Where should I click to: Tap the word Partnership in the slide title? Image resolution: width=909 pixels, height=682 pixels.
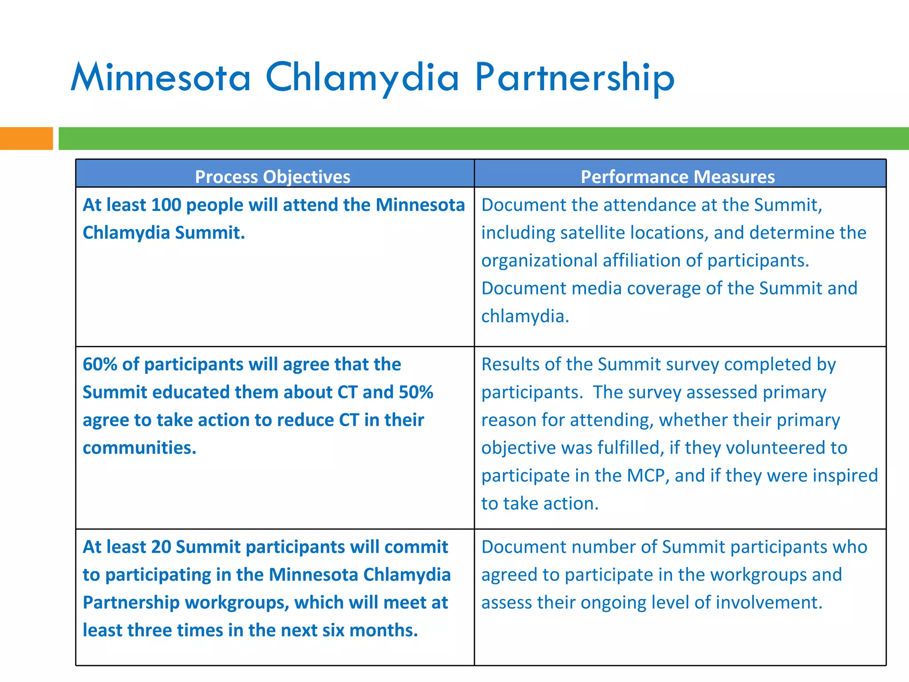574,78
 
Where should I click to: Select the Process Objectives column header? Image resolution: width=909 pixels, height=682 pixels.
273,177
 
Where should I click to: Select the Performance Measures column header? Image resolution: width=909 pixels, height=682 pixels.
677,177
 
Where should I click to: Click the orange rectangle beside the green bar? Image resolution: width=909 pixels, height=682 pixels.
26,139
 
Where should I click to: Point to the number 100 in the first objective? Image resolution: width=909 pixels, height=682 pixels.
166,205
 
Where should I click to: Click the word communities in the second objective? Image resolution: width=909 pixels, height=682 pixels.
139,448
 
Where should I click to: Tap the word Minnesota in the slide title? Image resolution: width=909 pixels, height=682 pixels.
161,78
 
